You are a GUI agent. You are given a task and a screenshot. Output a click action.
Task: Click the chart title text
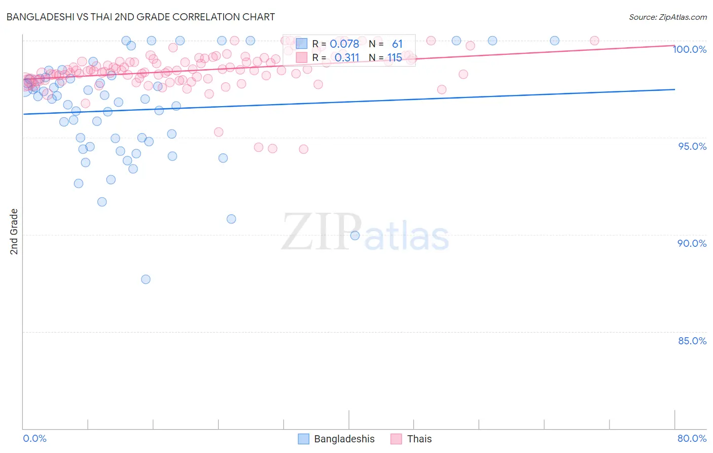point(140,17)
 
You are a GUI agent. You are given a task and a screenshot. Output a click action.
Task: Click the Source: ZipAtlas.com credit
point(667,17)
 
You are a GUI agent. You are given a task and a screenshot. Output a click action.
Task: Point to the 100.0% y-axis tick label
point(690,49)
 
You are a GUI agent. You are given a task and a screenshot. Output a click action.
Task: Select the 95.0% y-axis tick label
point(692,146)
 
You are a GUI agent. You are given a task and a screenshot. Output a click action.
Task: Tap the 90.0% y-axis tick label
point(692,243)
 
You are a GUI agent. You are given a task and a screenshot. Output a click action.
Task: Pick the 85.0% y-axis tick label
point(692,341)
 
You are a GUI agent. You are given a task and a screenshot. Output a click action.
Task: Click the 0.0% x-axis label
point(34,438)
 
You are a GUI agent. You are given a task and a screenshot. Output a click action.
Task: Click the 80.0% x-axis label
point(692,438)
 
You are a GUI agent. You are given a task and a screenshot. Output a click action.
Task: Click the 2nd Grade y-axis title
point(14,231)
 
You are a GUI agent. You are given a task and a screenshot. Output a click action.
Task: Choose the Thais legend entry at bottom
point(412,439)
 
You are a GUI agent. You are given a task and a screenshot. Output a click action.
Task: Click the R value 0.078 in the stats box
point(344,44)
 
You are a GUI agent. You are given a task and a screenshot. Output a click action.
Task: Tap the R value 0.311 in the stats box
point(347,58)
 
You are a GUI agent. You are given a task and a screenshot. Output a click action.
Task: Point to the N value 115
point(395,58)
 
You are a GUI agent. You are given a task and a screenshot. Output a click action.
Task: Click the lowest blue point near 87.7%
point(146,279)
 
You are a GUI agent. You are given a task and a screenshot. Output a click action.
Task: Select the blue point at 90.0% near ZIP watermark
point(355,236)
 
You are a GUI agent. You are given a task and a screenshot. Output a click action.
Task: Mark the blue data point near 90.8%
point(231,219)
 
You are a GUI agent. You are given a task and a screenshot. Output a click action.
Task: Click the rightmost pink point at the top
point(594,41)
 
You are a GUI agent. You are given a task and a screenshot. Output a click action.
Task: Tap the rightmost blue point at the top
point(555,41)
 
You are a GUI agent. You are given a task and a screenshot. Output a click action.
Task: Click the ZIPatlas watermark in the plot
point(365,233)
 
